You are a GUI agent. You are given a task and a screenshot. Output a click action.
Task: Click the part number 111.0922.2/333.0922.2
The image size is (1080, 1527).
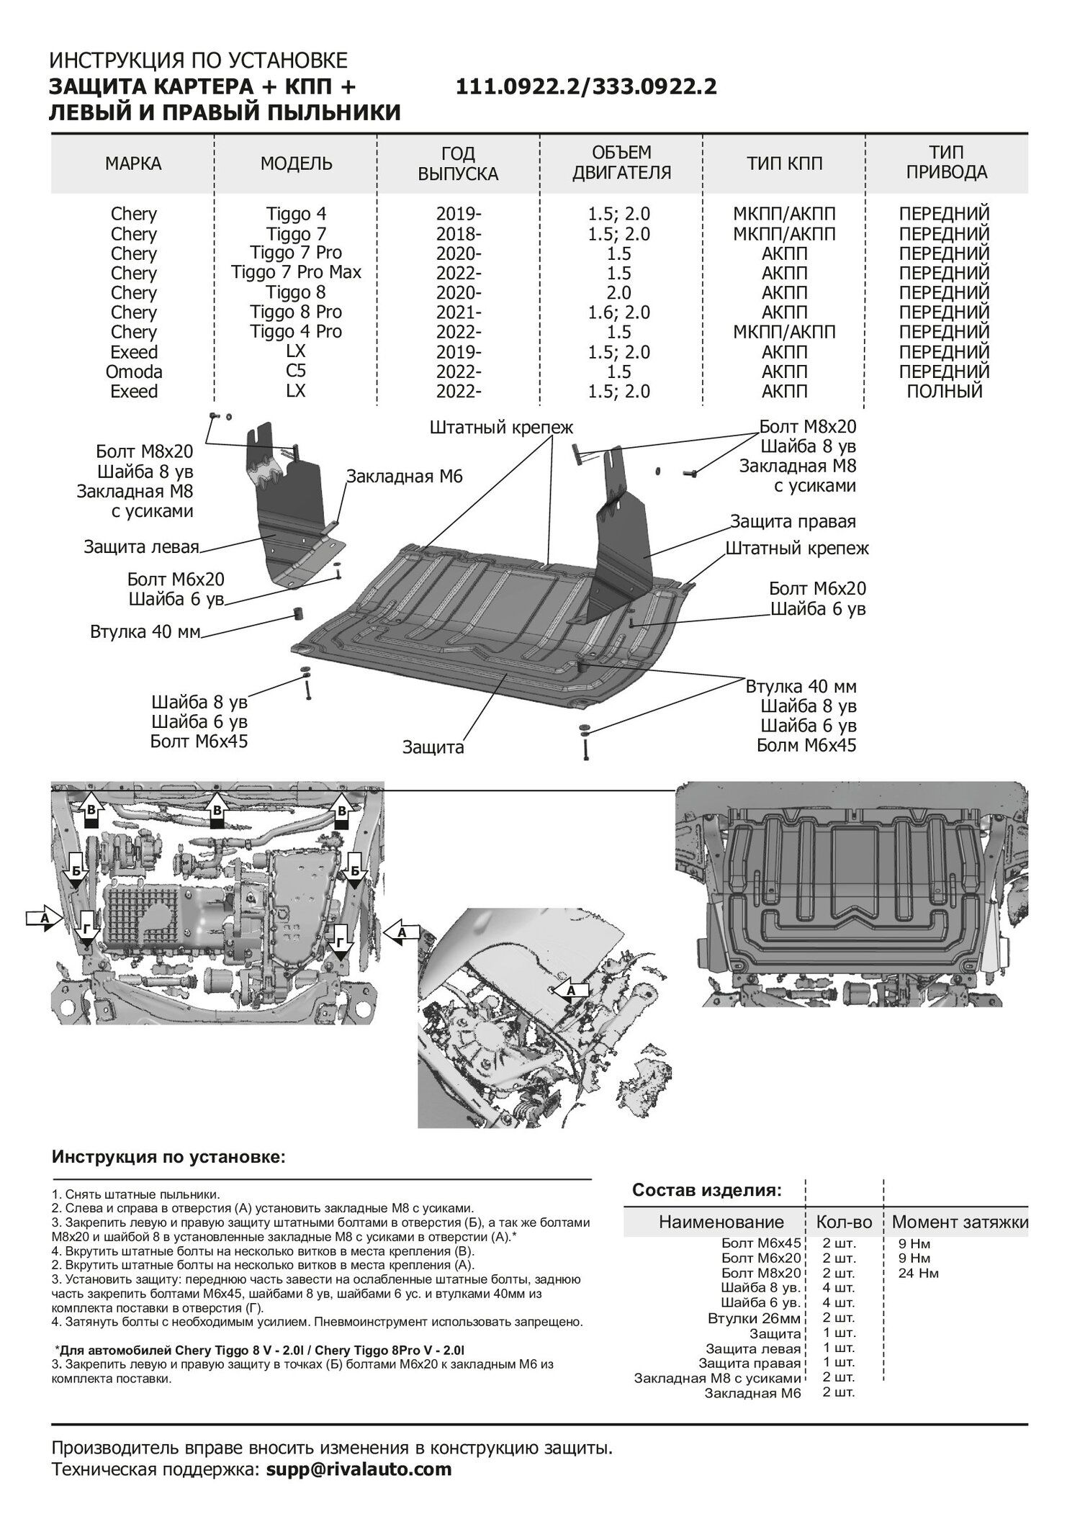point(586,87)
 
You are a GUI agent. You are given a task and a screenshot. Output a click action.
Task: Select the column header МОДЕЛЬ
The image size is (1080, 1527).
point(296,163)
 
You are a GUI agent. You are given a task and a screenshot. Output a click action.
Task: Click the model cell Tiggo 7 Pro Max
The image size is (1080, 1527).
point(296,272)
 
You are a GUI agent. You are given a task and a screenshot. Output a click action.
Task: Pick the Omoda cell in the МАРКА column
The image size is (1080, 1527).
point(134,371)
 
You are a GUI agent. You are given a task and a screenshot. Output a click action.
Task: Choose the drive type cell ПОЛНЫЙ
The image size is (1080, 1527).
point(944,392)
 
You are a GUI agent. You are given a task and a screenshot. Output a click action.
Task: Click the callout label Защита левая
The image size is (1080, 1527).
point(141,546)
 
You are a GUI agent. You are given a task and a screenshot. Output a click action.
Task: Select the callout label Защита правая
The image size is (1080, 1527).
point(793,521)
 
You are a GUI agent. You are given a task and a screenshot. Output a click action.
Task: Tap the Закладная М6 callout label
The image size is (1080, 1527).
point(403,477)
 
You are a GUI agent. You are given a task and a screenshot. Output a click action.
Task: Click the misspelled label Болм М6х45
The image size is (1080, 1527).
point(806,745)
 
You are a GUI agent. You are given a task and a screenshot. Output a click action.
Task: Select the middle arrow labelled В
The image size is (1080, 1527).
point(216,810)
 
